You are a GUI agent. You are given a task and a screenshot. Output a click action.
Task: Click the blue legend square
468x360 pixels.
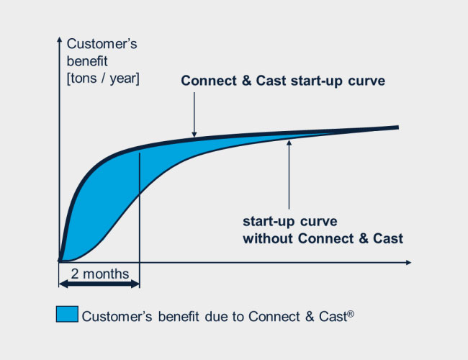tap(67, 314)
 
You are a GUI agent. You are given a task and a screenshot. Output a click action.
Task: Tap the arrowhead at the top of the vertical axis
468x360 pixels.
tap(59, 40)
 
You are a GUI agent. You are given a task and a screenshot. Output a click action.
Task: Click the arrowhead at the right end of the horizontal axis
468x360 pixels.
tap(409, 262)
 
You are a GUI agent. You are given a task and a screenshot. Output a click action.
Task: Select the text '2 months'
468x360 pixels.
tap(100, 274)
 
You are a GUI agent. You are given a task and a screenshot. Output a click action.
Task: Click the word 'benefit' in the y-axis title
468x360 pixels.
tap(87, 61)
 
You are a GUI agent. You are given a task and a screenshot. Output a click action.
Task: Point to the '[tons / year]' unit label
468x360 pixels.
tap(103, 78)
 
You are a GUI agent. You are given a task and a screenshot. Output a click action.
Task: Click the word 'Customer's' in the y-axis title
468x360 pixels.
tap(102, 44)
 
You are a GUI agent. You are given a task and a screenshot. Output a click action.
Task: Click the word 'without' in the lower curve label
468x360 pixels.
tap(268, 238)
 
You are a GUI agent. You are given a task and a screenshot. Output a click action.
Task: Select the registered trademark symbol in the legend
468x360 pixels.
tap(351, 313)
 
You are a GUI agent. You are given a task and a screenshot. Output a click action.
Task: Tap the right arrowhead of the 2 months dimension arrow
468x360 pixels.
tap(135, 284)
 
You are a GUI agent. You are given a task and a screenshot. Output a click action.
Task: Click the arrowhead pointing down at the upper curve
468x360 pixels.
tap(194, 134)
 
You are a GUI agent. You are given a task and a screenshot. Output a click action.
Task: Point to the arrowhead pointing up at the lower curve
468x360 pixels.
tap(289, 143)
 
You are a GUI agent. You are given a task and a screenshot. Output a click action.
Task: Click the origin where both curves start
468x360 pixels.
tap(60, 261)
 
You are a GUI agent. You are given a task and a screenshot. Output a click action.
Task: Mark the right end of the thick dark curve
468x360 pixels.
tap(398, 127)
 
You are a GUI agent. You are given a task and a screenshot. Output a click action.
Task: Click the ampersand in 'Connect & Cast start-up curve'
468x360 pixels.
tap(246, 81)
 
